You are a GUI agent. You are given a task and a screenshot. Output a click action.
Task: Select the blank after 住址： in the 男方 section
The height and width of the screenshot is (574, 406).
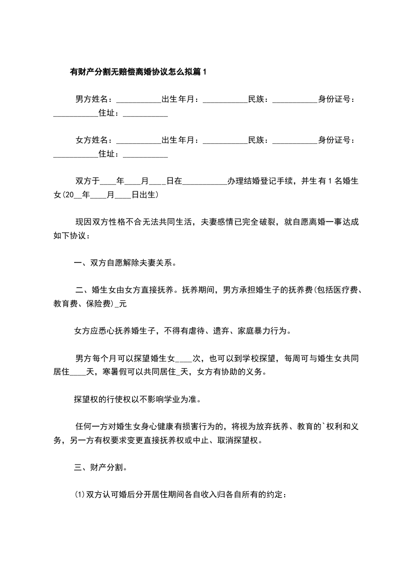click(145, 115)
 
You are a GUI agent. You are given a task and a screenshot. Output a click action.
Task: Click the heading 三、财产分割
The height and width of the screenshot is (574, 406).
click(101, 467)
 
